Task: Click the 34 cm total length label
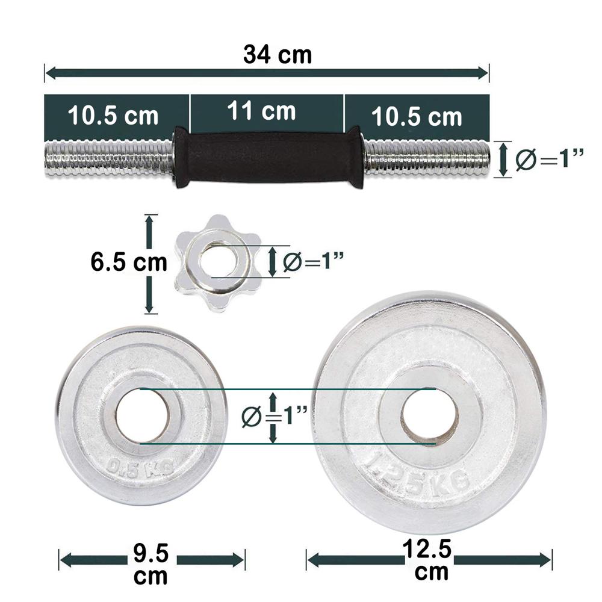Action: [278, 54]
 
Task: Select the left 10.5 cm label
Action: [113, 115]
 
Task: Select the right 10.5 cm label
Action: [417, 116]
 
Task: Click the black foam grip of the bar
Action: [268, 157]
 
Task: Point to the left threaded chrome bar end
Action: [108, 158]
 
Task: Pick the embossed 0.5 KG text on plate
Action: [140, 467]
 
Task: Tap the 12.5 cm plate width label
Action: [431, 560]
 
